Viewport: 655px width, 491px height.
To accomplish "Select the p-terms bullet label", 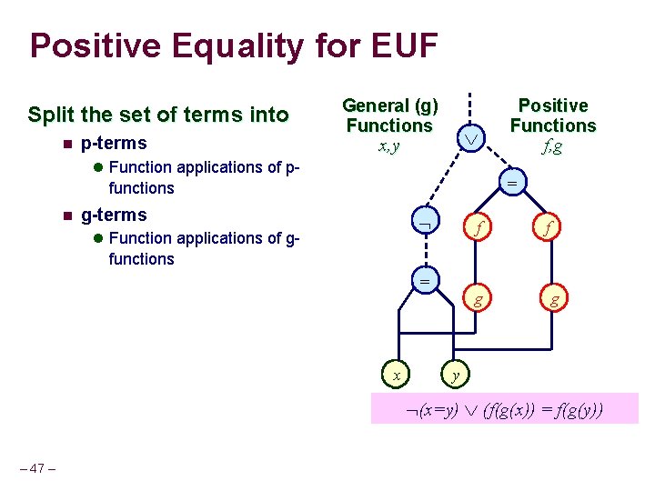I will tap(114, 143).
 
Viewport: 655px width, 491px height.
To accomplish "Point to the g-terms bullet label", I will tap(114, 215).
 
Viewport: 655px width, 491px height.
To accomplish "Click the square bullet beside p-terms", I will tap(66, 144).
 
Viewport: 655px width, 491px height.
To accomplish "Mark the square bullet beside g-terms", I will tap(66, 215).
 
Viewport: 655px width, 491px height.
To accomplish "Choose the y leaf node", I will tap(456, 373).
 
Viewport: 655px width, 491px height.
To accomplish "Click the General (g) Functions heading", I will tap(390, 115).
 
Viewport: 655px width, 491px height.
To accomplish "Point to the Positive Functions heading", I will tap(552, 115).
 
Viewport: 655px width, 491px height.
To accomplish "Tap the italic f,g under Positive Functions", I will tap(551, 145).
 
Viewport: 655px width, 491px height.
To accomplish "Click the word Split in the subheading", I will tap(51, 115).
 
